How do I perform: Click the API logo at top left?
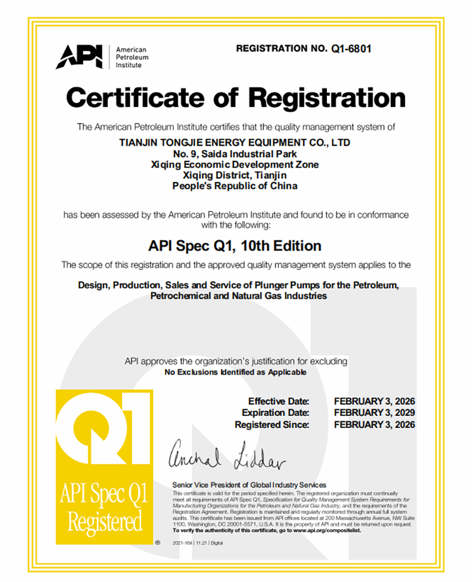80,57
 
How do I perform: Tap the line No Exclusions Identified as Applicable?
235,372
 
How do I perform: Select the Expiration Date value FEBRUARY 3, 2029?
374,412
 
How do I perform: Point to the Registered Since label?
272,424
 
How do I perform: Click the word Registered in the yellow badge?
104,522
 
